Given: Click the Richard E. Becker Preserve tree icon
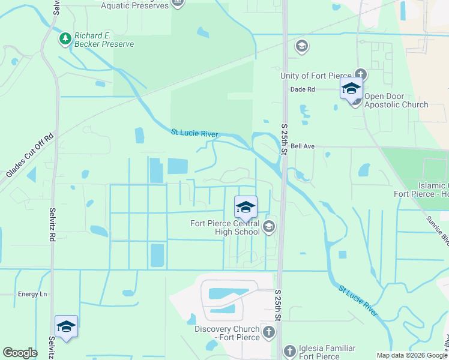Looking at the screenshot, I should pyautogui.click(x=65, y=38).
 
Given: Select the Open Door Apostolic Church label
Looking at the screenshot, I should pyautogui.click(x=396, y=100).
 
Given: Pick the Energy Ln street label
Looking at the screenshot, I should pyautogui.click(x=32, y=294).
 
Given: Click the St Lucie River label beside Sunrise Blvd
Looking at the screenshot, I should pyautogui.click(x=358, y=301).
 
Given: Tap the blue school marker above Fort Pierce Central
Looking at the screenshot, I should pyautogui.click(x=246, y=208).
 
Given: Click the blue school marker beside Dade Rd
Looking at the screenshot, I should pyautogui.click(x=351, y=89).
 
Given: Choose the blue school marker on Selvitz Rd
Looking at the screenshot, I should pyautogui.click(x=66, y=326).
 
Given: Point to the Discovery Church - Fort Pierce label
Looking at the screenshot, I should pyautogui.click(x=227, y=333).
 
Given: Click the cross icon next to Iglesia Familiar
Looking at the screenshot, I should pyautogui.click(x=289, y=350).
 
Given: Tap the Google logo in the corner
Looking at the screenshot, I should pyautogui.click(x=20, y=353).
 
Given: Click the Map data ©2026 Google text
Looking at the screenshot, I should pyautogui.click(x=412, y=355).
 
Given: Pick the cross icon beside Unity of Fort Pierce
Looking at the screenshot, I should pyautogui.click(x=360, y=76).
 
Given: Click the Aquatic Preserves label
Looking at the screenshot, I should pyautogui.click(x=134, y=5).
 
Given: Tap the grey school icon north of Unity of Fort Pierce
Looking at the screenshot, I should pyautogui.click(x=301, y=46).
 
